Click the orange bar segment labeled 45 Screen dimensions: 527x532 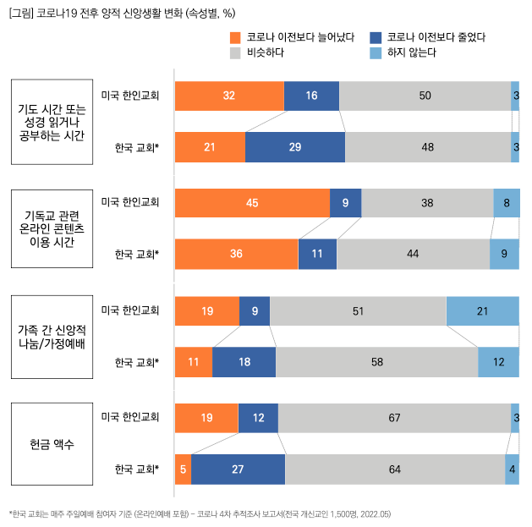(252, 203)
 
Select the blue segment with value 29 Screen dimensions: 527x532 (294, 147)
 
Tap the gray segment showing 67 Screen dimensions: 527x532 (394, 417)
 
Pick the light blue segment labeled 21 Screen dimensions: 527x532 (482, 310)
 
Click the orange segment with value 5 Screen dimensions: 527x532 (183, 469)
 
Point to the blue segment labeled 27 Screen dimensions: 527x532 (238, 469)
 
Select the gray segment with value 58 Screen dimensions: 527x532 (376, 362)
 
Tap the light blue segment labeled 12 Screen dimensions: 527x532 (498, 362)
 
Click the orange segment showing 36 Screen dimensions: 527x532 (236, 255)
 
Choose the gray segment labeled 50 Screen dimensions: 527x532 (425, 96)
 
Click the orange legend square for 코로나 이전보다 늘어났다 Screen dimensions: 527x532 (236, 37)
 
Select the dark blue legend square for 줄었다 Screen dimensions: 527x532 (376, 37)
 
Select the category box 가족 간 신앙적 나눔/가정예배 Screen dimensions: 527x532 (52, 336)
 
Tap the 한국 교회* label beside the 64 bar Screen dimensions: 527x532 (137, 469)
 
